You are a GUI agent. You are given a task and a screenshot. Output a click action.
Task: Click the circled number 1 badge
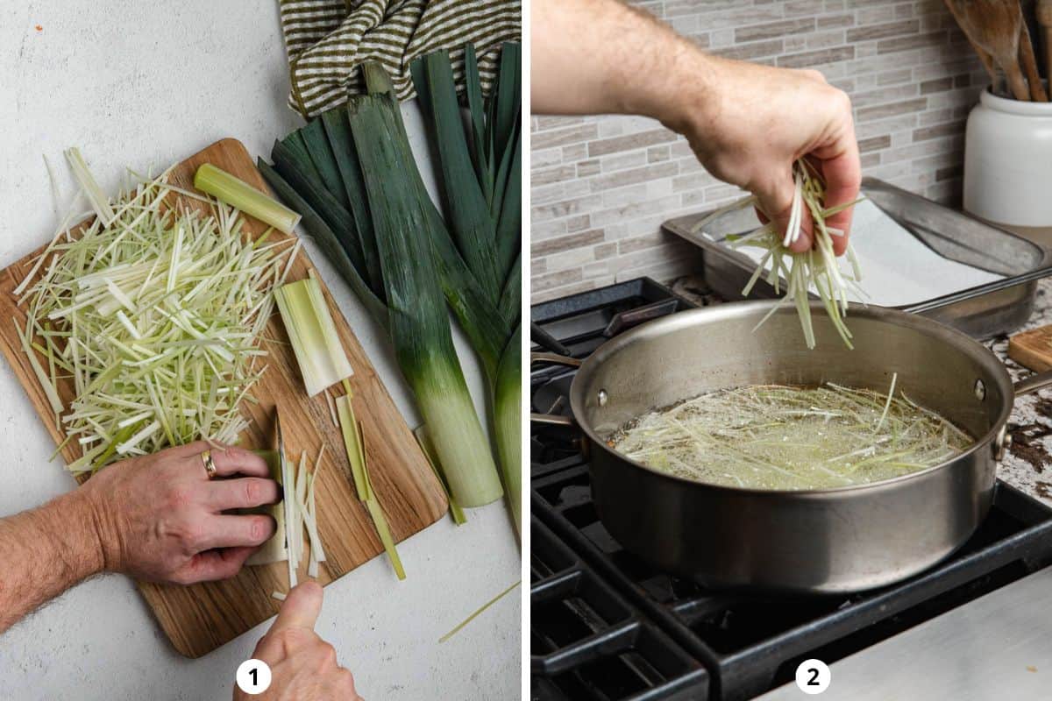(253, 676)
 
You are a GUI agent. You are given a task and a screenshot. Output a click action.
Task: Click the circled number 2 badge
(813, 676)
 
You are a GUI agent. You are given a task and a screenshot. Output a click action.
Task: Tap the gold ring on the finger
(209, 464)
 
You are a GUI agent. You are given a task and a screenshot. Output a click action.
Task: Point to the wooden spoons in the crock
(1008, 44)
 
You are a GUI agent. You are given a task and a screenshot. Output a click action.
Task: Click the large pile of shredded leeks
(149, 315)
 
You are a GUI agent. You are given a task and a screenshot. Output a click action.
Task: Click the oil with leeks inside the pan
(789, 438)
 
